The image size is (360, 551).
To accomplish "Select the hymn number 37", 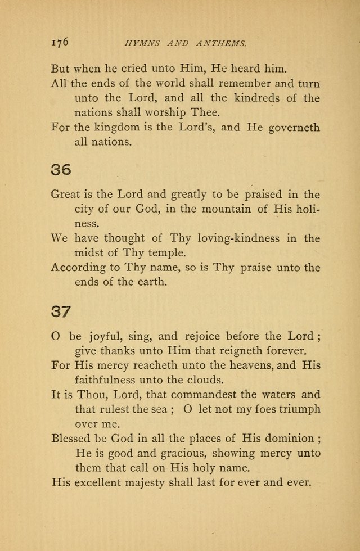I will pos(61,311).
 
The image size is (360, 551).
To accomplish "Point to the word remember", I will pos(243,84).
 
